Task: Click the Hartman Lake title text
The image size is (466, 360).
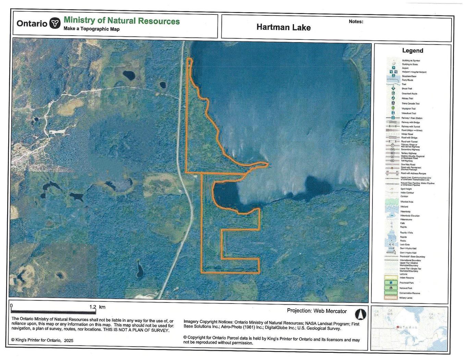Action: pos(283,27)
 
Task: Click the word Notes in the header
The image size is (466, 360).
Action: pos(356,22)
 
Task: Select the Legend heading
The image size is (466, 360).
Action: pos(412,51)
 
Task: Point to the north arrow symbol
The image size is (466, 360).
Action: pos(361,314)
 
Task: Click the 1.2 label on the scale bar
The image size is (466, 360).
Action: pos(93,307)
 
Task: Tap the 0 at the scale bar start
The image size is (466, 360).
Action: pos(12,306)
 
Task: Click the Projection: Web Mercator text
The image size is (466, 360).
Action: pos(317,311)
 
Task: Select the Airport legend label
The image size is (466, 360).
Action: pos(405,68)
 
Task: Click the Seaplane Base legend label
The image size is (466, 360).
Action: pos(409,76)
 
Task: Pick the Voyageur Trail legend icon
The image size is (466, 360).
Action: pos(393,108)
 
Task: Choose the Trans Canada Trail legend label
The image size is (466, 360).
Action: pos(410,103)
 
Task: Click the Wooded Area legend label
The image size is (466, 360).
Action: pos(407,202)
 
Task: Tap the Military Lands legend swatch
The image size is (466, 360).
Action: pos(393,298)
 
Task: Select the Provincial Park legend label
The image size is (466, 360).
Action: pos(406,283)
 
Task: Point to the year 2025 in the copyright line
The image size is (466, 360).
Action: pos(68,340)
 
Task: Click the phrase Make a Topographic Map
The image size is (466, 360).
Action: pos(91,29)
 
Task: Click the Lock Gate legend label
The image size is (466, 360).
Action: pos(405,245)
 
